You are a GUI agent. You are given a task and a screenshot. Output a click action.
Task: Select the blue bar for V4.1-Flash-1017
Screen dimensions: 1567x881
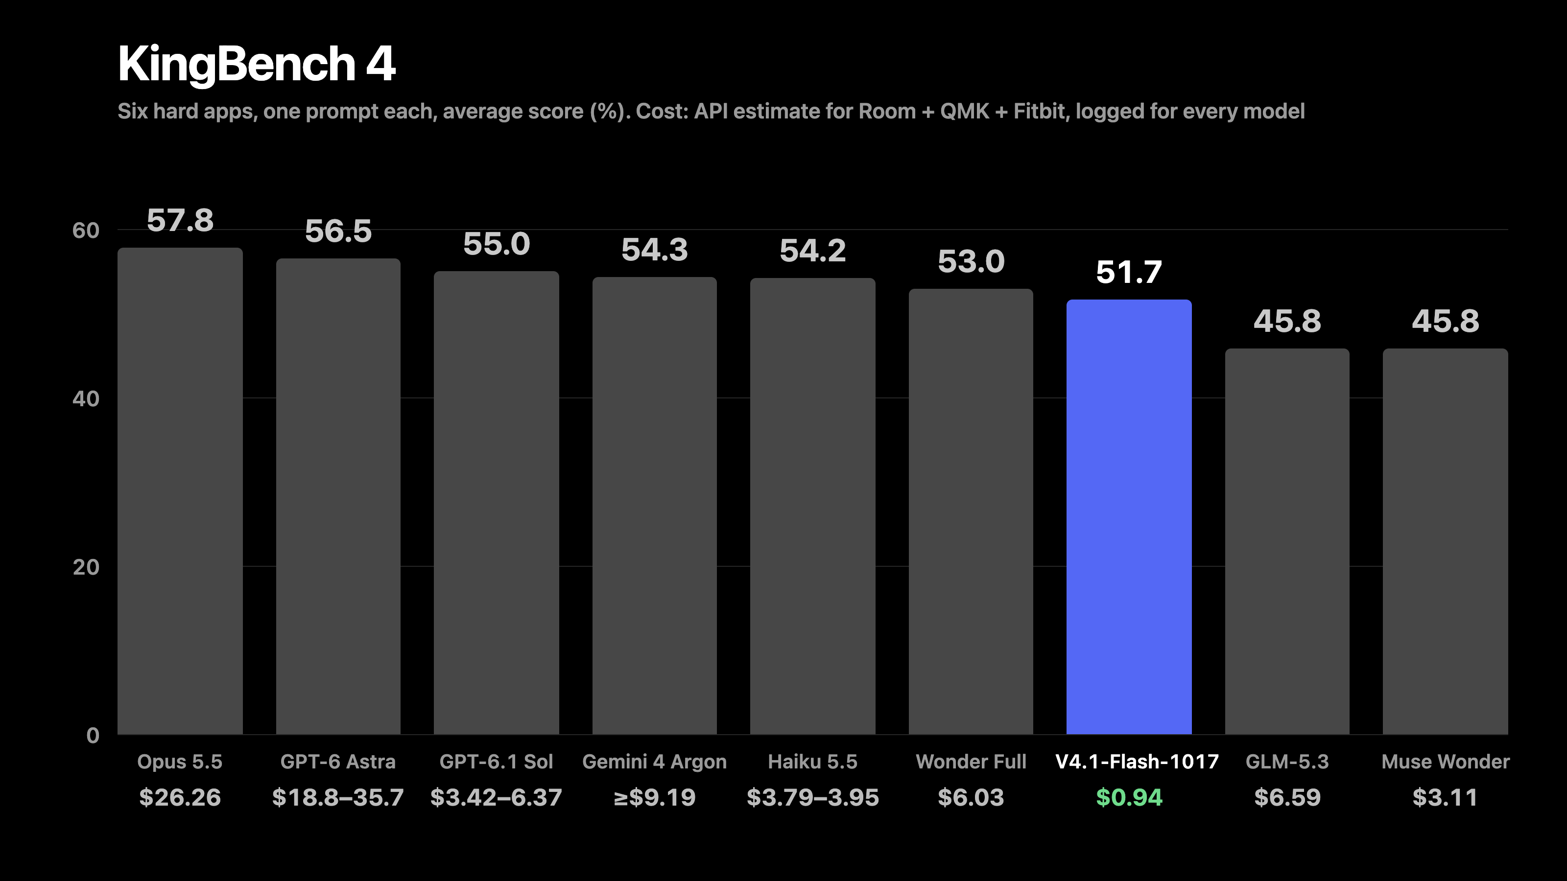[x=1129, y=517]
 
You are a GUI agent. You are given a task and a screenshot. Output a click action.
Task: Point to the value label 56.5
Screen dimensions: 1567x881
[x=338, y=231]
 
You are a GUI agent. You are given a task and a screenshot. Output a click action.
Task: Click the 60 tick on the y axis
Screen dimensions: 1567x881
[x=86, y=231]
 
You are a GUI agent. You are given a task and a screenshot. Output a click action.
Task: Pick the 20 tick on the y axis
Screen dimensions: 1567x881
[x=86, y=567]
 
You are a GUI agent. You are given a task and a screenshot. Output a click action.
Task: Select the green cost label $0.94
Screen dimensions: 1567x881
[x=1129, y=797]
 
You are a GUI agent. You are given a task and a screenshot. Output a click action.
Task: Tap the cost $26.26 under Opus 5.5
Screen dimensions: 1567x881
[x=180, y=797]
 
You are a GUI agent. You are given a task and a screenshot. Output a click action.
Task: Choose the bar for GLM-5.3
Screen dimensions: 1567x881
[x=1287, y=541]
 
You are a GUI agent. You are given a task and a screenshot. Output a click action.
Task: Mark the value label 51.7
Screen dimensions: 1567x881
[x=1129, y=272]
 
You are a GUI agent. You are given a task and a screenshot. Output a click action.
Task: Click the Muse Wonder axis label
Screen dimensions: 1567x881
[x=1446, y=762]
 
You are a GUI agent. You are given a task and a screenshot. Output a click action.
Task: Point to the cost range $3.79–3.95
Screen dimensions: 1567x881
[x=813, y=797]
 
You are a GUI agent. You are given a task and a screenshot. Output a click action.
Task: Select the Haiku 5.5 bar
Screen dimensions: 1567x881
[x=813, y=506]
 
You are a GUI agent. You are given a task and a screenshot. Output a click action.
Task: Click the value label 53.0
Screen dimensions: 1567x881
[x=971, y=261]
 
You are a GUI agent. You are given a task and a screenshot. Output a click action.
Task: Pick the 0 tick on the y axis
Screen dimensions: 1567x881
[x=93, y=735]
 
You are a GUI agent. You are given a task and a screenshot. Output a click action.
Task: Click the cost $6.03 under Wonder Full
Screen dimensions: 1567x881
[x=971, y=797]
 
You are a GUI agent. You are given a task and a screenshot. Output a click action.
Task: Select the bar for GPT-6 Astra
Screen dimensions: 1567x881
[x=338, y=496]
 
